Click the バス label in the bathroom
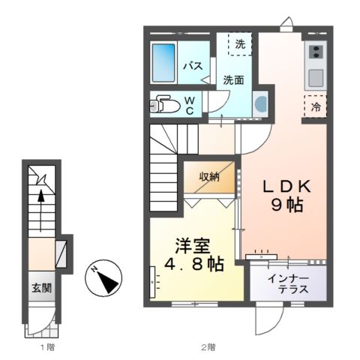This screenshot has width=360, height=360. [193, 66]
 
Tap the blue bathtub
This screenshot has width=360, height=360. [163, 63]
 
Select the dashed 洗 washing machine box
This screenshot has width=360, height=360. [240, 44]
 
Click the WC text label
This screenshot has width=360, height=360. [190, 105]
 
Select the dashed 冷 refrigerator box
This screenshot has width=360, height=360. [316, 106]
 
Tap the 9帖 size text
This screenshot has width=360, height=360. [287, 204]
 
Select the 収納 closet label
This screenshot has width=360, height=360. [209, 177]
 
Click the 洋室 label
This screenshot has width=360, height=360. [193, 245]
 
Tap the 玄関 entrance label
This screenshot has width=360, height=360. [42, 287]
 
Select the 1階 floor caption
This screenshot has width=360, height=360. [46, 347]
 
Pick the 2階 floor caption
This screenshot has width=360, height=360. [208, 347]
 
